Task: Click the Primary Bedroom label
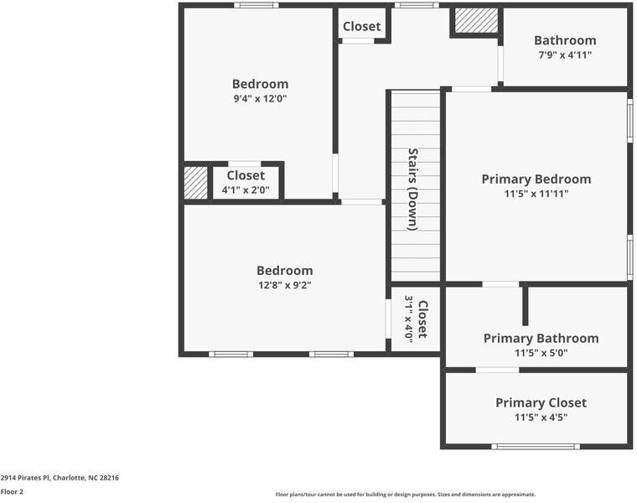[536, 179]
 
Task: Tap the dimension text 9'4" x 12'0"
[260, 98]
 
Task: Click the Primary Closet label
[541, 402]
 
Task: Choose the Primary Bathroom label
[541, 338]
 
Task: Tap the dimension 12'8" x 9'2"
[284, 285]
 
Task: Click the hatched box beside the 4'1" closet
[195, 183]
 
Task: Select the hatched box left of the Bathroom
[476, 21]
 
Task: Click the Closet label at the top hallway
[361, 26]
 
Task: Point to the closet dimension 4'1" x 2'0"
[245, 190]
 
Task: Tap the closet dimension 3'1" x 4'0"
[409, 319]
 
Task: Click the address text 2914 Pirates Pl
[60, 477]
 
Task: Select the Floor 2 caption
[12, 492]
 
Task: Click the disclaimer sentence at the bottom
[405, 495]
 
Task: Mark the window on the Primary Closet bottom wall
[535, 446]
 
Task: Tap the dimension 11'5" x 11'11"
[536, 194]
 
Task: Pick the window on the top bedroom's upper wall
[256, 5]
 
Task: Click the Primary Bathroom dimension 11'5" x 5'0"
[541, 353]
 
